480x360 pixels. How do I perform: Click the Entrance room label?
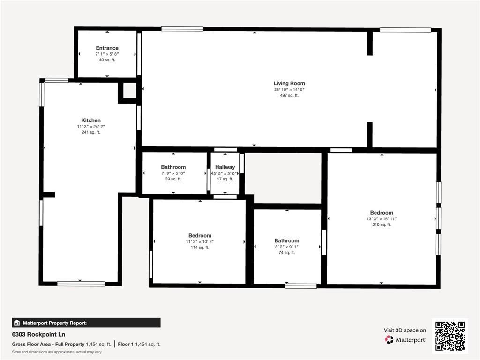107,48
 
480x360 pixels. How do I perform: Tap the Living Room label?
289,83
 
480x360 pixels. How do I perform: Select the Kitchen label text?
91,120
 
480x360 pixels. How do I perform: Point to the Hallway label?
225,167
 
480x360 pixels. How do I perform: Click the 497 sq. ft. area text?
289,95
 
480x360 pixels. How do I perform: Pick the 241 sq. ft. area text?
91,132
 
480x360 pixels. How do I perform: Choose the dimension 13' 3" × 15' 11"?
382,219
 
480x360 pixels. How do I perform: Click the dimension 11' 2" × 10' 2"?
200,241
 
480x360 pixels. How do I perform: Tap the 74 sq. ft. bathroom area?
287,253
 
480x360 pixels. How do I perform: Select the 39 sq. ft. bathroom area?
173,179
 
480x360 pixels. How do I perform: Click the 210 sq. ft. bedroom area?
382,225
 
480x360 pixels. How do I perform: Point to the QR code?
450,336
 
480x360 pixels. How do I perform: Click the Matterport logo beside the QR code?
405,340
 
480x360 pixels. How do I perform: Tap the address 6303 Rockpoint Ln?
38,334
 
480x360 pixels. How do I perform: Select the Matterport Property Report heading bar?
86,322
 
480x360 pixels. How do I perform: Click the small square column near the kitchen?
129,90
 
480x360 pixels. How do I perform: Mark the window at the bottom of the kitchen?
81,284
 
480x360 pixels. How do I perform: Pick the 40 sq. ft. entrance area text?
107,60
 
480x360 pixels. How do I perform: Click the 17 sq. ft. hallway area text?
225,179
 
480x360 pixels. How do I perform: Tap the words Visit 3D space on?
405,330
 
